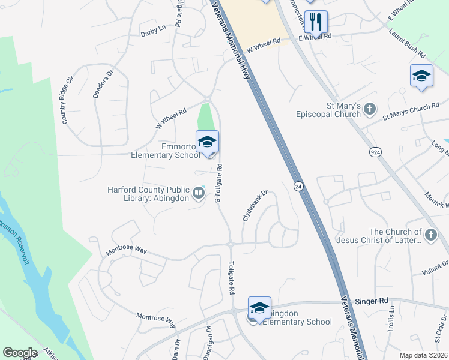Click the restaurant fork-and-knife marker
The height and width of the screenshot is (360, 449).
point(316,22)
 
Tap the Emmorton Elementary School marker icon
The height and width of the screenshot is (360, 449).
point(207,142)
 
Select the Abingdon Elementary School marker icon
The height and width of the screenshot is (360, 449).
point(259,308)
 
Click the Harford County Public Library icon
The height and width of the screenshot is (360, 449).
point(198,193)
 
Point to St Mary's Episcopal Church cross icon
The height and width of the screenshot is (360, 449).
point(370,109)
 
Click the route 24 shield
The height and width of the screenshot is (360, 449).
point(298,187)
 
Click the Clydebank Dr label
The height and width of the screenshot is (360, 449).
point(254,206)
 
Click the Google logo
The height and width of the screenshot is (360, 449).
point(20,353)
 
